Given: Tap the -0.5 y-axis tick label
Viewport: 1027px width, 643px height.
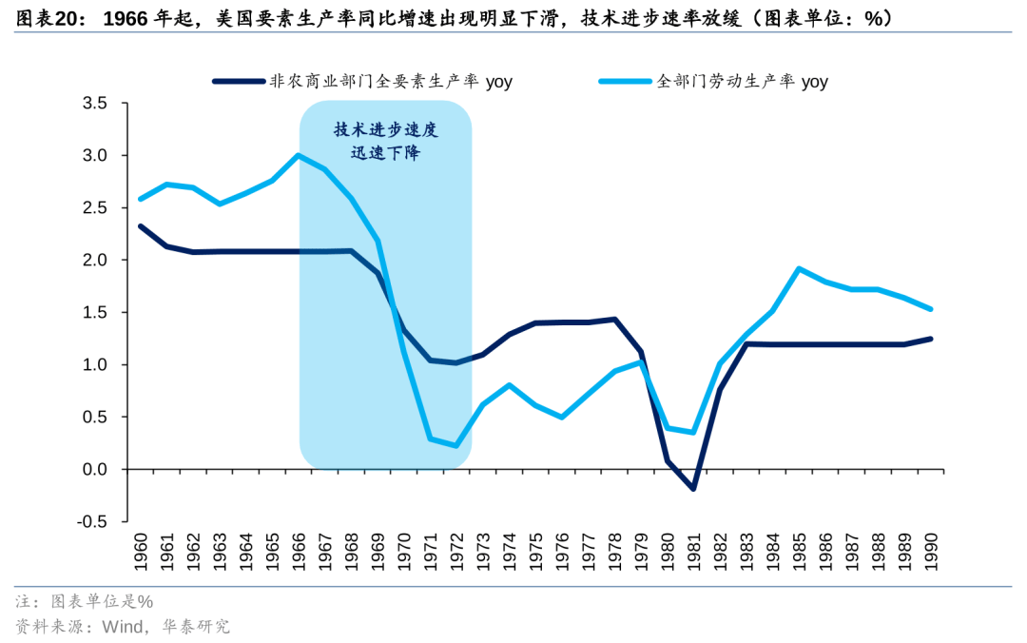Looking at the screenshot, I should (91, 521).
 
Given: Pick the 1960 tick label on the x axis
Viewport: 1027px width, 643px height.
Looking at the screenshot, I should (141, 552).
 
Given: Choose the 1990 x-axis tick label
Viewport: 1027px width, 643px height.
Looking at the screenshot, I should (932, 552).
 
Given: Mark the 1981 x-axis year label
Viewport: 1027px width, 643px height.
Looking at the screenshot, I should (694, 552).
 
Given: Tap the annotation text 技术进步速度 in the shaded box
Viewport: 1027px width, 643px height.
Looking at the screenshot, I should (386, 130).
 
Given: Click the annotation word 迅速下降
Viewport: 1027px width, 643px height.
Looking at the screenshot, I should (386, 153).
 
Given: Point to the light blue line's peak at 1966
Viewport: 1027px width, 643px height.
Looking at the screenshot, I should (299, 155).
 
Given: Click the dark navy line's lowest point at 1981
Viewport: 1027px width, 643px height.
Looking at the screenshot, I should (694, 489).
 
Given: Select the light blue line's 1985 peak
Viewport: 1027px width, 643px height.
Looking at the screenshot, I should (799, 268).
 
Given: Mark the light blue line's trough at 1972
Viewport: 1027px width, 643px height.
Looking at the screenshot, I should (456, 446).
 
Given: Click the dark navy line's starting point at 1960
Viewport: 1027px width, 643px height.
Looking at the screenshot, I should (141, 226).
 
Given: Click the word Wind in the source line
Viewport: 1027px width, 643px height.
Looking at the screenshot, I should (124, 626).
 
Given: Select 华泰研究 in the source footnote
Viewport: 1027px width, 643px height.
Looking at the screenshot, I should (197, 626).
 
